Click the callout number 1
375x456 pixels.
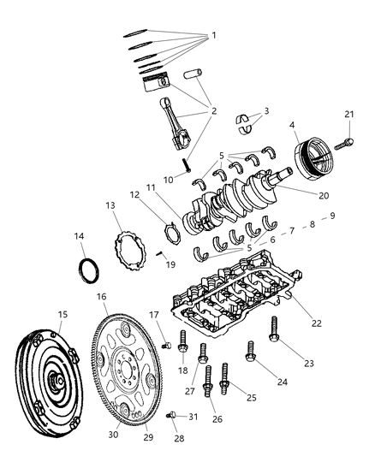click(x=213, y=35)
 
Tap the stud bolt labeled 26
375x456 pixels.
click(x=208, y=380)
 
